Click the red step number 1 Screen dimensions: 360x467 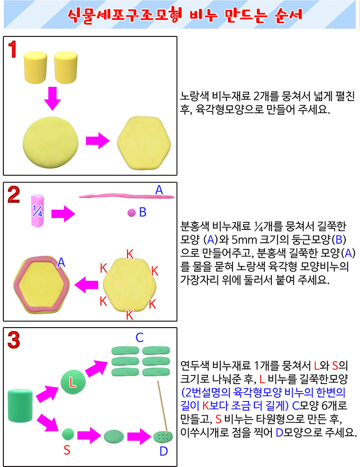point(12,49)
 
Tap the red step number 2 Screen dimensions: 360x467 point(14,195)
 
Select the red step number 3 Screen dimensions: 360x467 point(14,340)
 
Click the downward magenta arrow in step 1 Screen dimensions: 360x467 point(53,99)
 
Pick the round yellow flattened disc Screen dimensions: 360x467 point(51,142)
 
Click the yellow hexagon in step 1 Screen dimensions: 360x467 point(144,143)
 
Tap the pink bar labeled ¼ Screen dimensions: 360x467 point(37,211)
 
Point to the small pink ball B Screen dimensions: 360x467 point(132,213)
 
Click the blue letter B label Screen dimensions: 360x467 point(143,212)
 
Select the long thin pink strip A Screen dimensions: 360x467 point(126,196)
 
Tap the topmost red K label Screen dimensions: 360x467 point(130,254)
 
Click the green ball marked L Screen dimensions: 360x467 point(73,382)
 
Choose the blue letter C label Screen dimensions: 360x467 point(140,338)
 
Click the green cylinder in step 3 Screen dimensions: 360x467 point(20,405)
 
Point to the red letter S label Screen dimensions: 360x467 point(67,450)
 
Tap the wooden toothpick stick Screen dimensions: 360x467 point(162,407)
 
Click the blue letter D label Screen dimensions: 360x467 point(163,451)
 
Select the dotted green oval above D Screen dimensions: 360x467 point(163,437)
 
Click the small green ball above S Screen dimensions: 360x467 point(68,434)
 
